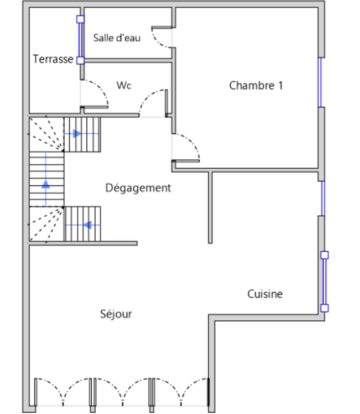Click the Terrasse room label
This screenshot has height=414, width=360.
(x=53, y=59)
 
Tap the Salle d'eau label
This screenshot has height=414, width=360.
(x=117, y=38)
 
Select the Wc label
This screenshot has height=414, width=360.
(x=124, y=85)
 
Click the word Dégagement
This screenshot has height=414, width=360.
(x=138, y=188)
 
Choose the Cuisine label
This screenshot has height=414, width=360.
(x=265, y=294)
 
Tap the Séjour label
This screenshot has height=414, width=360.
(x=116, y=314)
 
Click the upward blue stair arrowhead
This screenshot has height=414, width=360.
(x=46, y=184)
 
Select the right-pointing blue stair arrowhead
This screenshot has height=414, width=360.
(x=77, y=133)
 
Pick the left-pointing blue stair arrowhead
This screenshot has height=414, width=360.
(x=87, y=225)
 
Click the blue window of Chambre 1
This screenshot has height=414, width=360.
(x=320, y=82)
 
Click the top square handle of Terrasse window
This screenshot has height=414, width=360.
(x=80, y=19)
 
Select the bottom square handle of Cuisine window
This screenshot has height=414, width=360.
(x=325, y=308)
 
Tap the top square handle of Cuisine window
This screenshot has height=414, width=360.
(x=325, y=255)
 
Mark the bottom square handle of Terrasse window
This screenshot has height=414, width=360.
(x=80, y=60)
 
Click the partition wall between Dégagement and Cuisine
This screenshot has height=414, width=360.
(x=210, y=208)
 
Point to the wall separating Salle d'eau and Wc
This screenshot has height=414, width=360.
(x=128, y=60)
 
